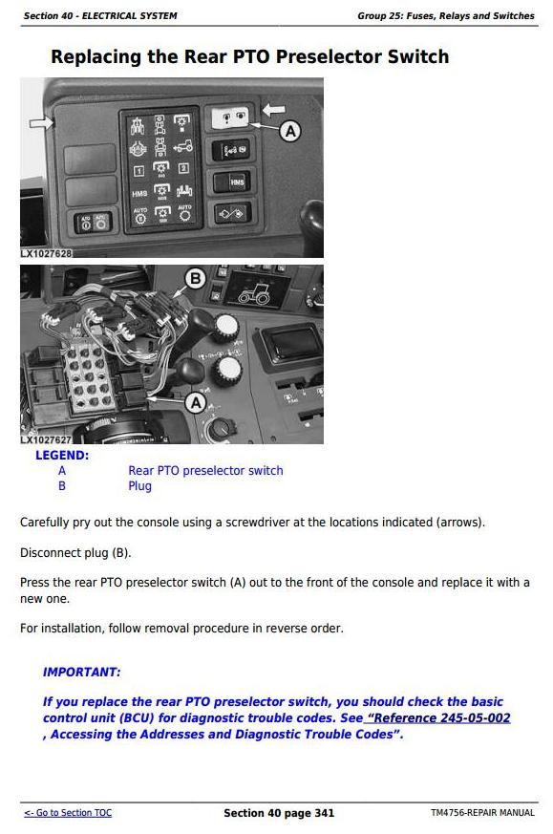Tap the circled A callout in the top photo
pyautogui.click(x=290, y=131)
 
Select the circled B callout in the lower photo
pyautogui.click(x=195, y=278)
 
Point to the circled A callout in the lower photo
pyautogui.click(x=196, y=402)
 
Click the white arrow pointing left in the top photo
pyautogui.click(x=274, y=110)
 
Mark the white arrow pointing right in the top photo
pyautogui.click(x=41, y=123)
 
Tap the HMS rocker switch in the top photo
pyautogui.click(x=232, y=182)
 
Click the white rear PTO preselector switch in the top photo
pyautogui.click(x=230, y=117)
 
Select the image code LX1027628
pyautogui.click(x=46, y=253)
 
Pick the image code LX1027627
pyautogui.click(x=46, y=439)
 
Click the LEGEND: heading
pyautogui.click(x=62, y=456)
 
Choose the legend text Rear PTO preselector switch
pyautogui.click(x=205, y=471)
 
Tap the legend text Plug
pyautogui.click(x=139, y=486)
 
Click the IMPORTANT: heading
pyautogui.click(x=82, y=672)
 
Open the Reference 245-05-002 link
pyautogui.click(x=437, y=717)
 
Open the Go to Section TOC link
pyautogui.click(x=68, y=813)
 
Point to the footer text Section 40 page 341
pyautogui.click(x=279, y=813)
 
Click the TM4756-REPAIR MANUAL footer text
pyautogui.click(x=483, y=813)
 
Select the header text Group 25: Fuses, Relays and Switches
pyautogui.click(x=446, y=16)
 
